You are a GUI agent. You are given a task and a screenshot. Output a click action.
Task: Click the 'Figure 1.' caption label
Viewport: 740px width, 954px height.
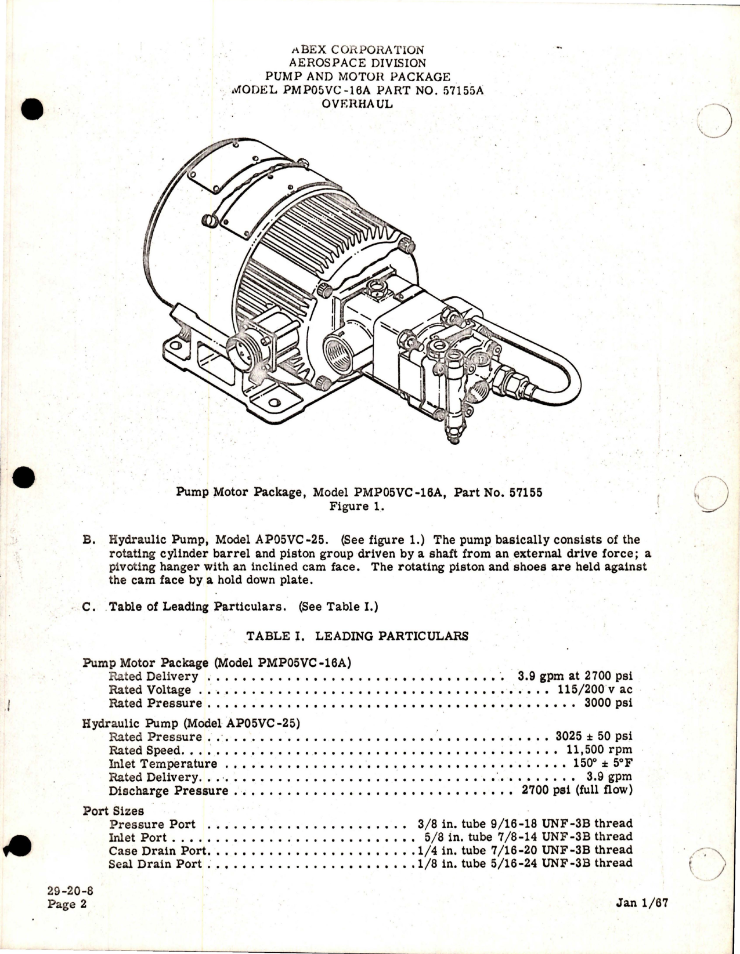(357, 506)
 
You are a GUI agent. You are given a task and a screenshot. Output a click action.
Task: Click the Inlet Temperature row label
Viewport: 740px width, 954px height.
(163, 764)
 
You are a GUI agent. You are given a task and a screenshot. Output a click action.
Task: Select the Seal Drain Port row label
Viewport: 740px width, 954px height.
(155, 864)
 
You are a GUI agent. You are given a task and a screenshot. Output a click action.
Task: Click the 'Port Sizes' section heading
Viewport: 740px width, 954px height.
(113, 811)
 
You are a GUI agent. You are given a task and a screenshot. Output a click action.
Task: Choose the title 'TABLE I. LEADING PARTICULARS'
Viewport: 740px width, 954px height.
(357, 636)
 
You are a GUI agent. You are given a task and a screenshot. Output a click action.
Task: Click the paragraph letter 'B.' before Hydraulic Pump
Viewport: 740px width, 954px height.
(89, 540)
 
